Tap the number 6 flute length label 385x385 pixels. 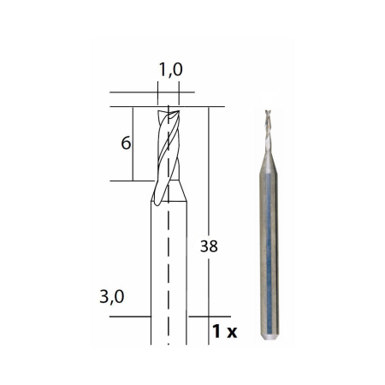coord(125,143)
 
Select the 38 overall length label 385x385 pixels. coord(208,246)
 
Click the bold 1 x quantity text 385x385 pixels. coord(225,329)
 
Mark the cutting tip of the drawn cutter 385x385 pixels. coord(169,110)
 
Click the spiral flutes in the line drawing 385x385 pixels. coord(169,145)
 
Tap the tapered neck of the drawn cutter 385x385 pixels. coord(169,192)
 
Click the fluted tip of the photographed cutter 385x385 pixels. coord(269,124)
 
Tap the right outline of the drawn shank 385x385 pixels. coord(187,274)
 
